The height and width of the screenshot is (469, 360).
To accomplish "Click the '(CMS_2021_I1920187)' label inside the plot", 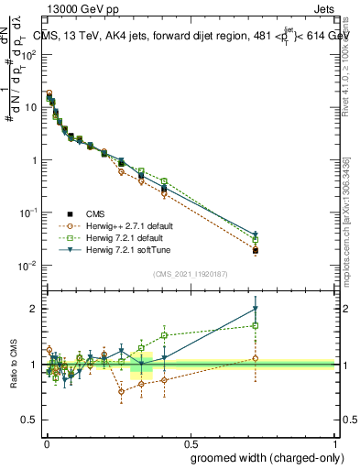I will [190, 274].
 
